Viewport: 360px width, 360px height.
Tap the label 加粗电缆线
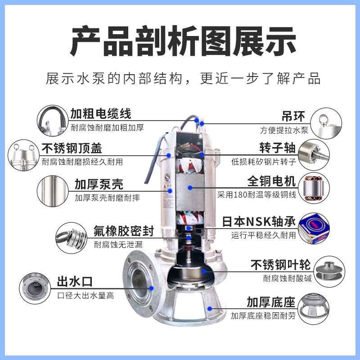point(101,114)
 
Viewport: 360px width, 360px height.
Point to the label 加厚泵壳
point(99,184)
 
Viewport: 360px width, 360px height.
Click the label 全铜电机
point(272,182)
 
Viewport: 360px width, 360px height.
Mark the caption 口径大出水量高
point(85,296)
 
